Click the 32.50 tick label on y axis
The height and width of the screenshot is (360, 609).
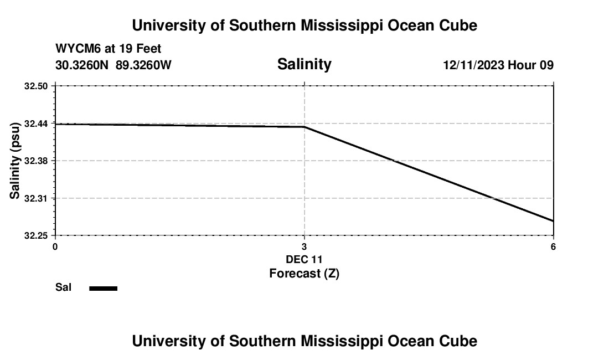click(x=36, y=86)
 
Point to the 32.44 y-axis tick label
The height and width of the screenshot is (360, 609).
click(x=36, y=124)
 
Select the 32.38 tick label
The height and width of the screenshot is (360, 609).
click(x=36, y=161)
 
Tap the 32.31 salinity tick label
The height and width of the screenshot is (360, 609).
click(x=36, y=198)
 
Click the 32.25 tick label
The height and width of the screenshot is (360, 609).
click(x=36, y=235)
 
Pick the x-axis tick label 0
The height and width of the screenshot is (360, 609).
click(x=55, y=246)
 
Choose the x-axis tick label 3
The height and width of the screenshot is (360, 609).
click(x=304, y=246)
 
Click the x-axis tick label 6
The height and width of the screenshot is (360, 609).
click(x=553, y=246)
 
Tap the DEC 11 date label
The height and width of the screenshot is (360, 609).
click(x=304, y=259)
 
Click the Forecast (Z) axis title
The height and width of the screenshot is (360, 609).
click(x=304, y=273)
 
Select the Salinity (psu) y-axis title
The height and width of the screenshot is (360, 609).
click(x=15, y=161)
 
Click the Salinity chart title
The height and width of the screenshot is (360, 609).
click(x=304, y=64)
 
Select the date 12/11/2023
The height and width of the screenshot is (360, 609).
click(x=473, y=65)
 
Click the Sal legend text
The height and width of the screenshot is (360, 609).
click(x=64, y=287)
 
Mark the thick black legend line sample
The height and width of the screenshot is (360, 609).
click(x=104, y=288)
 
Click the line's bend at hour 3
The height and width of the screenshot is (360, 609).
click(x=304, y=127)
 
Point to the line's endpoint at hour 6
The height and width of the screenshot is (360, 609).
click(x=553, y=221)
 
